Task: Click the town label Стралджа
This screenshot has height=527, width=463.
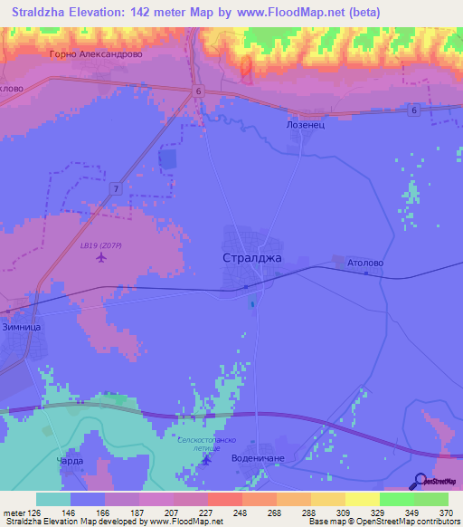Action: coord(252,257)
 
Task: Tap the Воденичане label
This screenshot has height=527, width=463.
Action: coord(258,458)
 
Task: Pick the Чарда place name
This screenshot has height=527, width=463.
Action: coord(71,460)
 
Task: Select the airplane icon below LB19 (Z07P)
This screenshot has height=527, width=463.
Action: coord(99,259)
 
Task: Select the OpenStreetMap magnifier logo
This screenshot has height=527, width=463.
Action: coord(420,481)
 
